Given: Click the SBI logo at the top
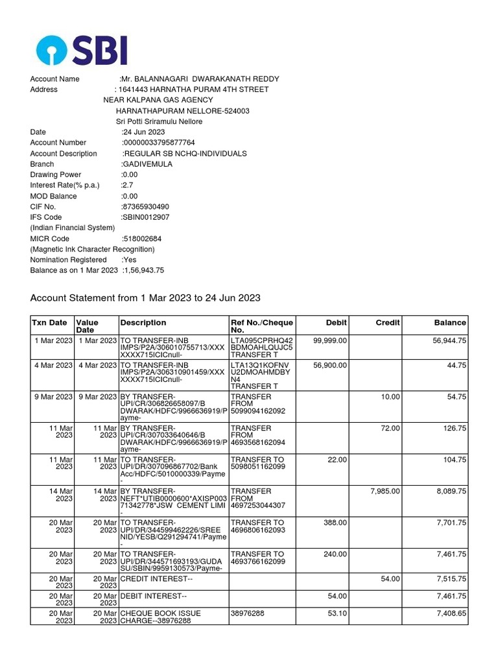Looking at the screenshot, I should tap(81, 50).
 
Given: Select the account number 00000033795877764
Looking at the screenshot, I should tap(159, 143).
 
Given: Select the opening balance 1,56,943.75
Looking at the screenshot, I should tap(143, 270).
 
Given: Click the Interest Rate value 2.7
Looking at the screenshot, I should tap(128, 185).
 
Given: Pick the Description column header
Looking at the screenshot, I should tap(143, 322).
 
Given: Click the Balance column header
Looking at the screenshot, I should tap(450, 322).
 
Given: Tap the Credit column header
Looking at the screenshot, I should tap(388, 322).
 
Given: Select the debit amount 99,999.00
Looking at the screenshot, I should tap(330, 340).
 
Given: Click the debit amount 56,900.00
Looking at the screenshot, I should tap(330, 365).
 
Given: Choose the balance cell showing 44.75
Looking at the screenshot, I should tap(456, 365).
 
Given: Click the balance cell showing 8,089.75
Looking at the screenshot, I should tap(451, 492).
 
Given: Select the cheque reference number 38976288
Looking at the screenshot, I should tap(248, 613).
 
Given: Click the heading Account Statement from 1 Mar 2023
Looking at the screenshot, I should tap(145, 298).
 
